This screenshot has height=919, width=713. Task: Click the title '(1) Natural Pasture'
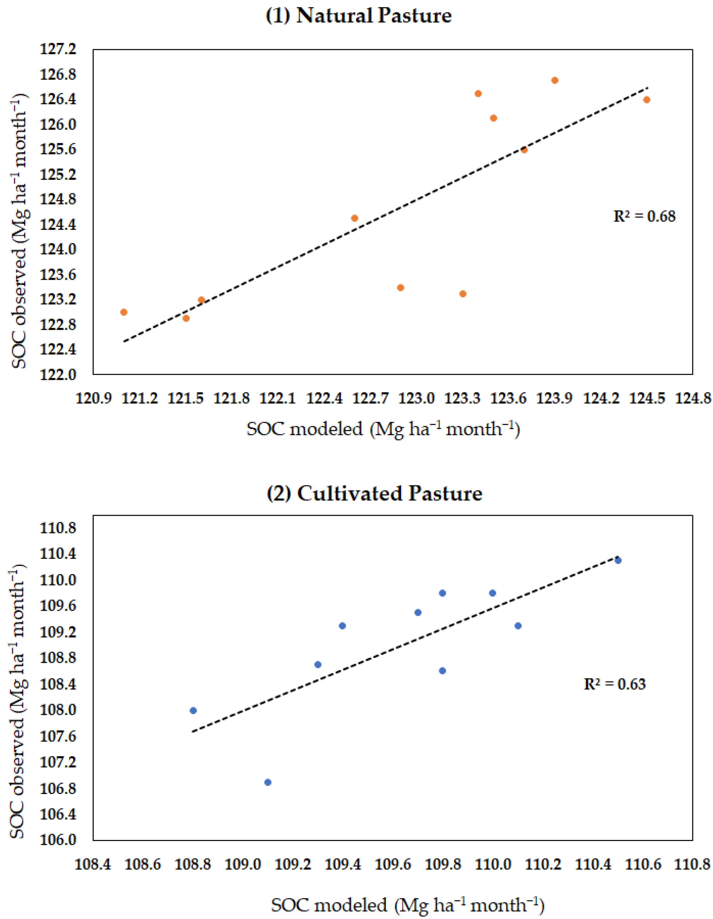[359, 16]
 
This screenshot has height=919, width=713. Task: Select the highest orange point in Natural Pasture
[554, 80]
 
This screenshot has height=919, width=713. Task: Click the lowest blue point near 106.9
[268, 782]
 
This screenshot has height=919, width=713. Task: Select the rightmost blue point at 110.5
[618, 560]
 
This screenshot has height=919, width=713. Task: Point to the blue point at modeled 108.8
[193, 711]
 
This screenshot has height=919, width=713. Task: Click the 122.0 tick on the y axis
[58, 374]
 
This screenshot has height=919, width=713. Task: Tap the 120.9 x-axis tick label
[93, 398]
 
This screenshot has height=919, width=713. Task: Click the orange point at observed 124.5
[354, 218]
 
